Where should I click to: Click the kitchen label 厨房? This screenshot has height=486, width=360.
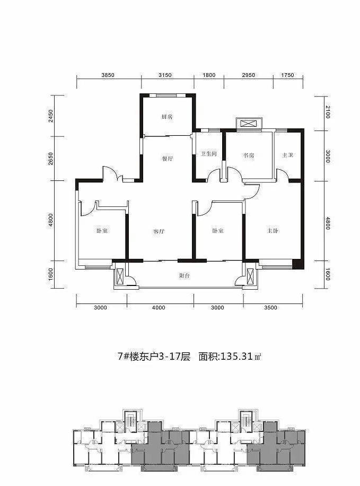point(167,117)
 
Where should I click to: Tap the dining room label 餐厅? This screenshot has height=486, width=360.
point(168,159)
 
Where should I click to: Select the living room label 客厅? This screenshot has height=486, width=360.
point(159,231)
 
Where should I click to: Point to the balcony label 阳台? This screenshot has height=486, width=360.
point(185,275)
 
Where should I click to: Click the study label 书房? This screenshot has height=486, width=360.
point(249,155)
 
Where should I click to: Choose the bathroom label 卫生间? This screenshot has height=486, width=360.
point(208,154)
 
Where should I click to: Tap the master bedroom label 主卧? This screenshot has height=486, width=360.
point(273,231)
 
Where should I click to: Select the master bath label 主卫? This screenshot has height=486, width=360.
point(287,155)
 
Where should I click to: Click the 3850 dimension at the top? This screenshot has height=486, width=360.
point(108,75)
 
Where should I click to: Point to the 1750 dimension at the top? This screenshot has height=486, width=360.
point(287,75)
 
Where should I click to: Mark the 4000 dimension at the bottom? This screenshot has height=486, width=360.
point(159,308)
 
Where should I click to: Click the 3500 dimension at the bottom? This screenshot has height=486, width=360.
point(271,308)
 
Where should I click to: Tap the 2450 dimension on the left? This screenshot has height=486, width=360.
point(51,116)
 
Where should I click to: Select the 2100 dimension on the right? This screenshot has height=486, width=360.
point(328,112)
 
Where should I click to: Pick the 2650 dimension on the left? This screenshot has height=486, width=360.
point(51,159)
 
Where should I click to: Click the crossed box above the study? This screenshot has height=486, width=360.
point(247,124)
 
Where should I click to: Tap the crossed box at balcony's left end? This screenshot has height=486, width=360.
point(120,276)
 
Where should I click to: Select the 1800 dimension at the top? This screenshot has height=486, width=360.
point(209,75)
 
